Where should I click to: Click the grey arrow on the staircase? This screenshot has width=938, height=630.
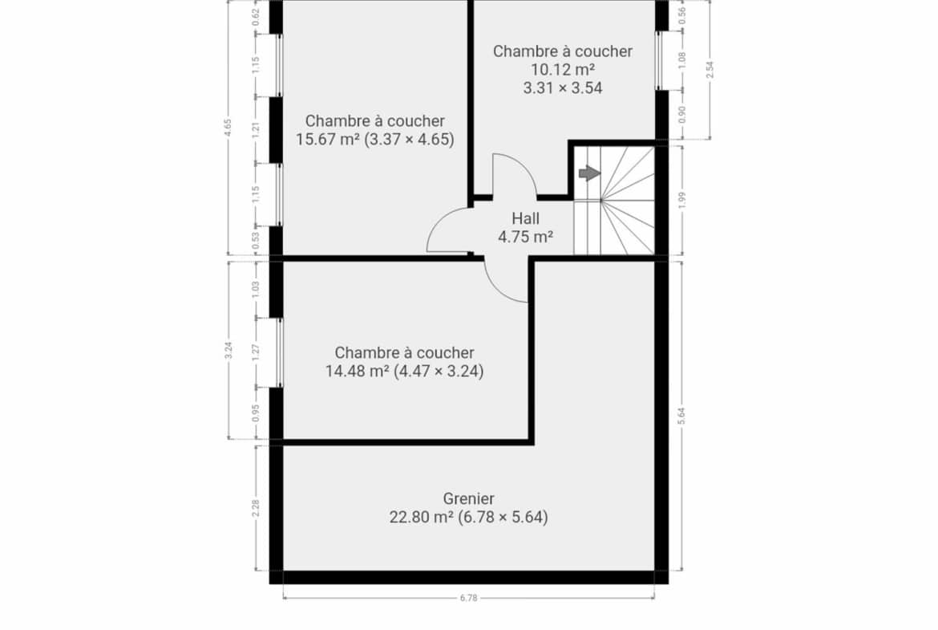[589, 173]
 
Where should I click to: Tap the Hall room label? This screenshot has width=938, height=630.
[525, 218]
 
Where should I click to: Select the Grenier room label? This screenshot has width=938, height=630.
[468, 498]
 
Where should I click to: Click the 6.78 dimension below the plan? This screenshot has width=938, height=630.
[468, 598]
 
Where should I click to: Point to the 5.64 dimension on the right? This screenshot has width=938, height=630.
[681, 416]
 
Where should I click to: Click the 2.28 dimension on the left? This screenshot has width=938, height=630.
[256, 508]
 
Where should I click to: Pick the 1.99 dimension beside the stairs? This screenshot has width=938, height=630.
[682, 200]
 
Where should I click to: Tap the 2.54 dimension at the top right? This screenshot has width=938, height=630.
[710, 70]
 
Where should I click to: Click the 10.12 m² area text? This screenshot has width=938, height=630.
[563, 70]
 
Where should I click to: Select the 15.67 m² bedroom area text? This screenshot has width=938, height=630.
[327, 140]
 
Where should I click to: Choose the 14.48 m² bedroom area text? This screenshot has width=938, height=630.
[357, 372]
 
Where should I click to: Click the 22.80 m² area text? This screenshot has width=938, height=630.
[421, 517]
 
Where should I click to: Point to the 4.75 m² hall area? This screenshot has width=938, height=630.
[525, 237]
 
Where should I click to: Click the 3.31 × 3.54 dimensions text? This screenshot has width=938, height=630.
[563, 88]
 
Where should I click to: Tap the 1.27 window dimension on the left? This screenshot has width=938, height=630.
[256, 352]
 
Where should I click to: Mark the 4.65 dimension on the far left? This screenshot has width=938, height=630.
[228, 128]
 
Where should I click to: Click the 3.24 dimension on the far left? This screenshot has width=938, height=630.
[228, 350]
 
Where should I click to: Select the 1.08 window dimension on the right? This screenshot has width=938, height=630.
[682, 60]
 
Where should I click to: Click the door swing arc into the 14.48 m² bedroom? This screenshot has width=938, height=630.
[498, 290]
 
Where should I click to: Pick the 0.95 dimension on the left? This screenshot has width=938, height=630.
[256, 413]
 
